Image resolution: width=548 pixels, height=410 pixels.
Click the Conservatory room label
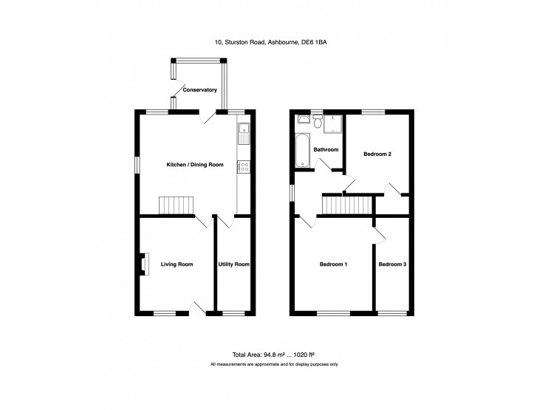[200, 90]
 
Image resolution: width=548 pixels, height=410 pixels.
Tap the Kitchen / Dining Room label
[195, 165]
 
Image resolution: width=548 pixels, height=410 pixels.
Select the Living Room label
[177, 264]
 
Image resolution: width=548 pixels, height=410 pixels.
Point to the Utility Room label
[234, 264]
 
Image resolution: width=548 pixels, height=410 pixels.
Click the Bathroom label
[326, 150]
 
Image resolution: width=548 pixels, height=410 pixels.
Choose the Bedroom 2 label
[377, 154]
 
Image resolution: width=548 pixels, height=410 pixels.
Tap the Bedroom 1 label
[333, 264]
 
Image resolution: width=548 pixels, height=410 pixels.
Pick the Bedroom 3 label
[392, 264]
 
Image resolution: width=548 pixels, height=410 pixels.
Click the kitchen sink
[244, 134]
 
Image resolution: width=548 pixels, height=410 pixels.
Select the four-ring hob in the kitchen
[244, 166]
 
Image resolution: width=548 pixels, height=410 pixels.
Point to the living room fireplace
[144, 264]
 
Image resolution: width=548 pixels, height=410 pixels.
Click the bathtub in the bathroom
[302, 151]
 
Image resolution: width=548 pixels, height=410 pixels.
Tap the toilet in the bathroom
[318, 121]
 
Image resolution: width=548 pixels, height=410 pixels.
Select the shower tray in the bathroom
[332, 123]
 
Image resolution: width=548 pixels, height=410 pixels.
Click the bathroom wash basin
[304, 119]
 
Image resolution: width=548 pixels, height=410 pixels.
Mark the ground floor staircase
[176, 205]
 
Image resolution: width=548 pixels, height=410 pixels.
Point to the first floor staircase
[346, 205]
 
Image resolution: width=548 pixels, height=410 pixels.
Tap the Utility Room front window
[233, 313]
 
